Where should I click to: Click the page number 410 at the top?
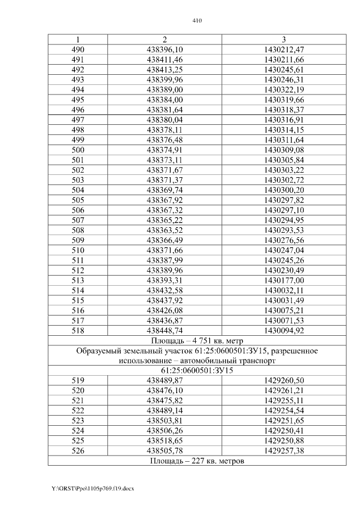[196, 21]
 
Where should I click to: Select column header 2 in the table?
[164, 39]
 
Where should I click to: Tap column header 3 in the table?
[283, 39]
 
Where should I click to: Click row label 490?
[78, 49]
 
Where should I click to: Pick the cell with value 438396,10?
[164, 49]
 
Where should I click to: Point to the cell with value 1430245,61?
[283, 70]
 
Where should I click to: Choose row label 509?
[78, 240]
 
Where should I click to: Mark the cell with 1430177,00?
[283, 280]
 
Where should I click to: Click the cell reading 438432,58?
[164, 290]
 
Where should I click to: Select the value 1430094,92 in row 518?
[283, 330]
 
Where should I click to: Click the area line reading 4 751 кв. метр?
[197, 341]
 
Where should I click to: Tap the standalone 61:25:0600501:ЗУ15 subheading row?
[197, 371]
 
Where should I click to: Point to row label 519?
[78, 381]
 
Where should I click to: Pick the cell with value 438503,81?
[164, 421]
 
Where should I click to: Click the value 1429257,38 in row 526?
[283, 451]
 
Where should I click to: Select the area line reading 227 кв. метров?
[197, 461]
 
